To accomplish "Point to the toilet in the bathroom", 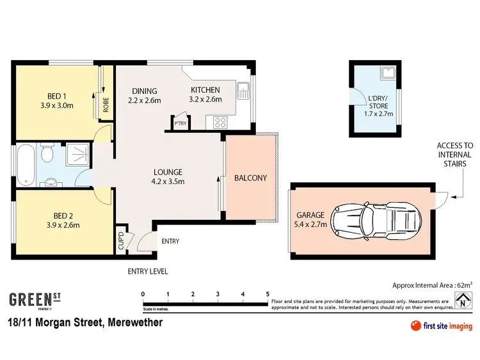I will (45, 155).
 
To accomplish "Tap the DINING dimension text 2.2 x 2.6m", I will (144, 100).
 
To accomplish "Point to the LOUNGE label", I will (168, 172).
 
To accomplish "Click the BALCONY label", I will (250, 178).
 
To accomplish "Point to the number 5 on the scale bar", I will (267, 294).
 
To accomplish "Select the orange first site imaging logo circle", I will (415, 327).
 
